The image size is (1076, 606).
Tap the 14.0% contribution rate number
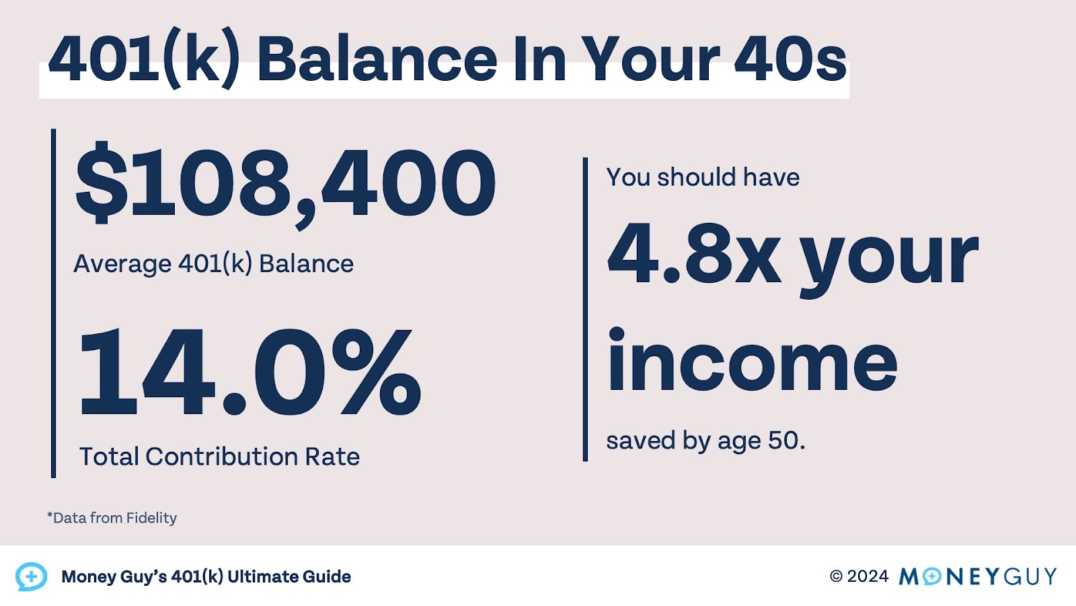pyautogui.click(x=249, y=372)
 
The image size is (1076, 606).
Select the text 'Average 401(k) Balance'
pyautogui.click(x=213, y=264)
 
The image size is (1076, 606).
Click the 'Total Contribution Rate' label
pyautogui.click(x=219, y=457)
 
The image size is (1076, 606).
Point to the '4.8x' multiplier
pyautogui.click(x=694, y=254)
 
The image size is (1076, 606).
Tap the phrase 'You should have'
pyautogui.click(x=703, y=177)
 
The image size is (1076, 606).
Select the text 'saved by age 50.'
pyautogui.click(x=705, y=441)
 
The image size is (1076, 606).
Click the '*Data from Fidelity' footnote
pyautogui.click(x=112, y=518)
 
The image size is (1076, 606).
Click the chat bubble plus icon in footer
pyautogui.click(x=31, y=576)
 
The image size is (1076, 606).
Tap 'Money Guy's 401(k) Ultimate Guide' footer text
pyautogui.click(x=206, y=577)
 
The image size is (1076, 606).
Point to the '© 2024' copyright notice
pyautogui.click(x=859, y=576)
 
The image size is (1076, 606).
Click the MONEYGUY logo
pyautogui.click(x=978, y=576)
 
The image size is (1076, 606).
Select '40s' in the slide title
pyautogui.click(x=790, y=61)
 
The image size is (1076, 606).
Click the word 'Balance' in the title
pyautogui.click(x=377, y=61)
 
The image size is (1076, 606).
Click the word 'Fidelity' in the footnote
pyautogui.click(x=151, y=518)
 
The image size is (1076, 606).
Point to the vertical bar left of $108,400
pyautogui.click(x=54, y=303)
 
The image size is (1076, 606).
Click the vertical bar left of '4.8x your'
pyautogui.click(x=585, y=310)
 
